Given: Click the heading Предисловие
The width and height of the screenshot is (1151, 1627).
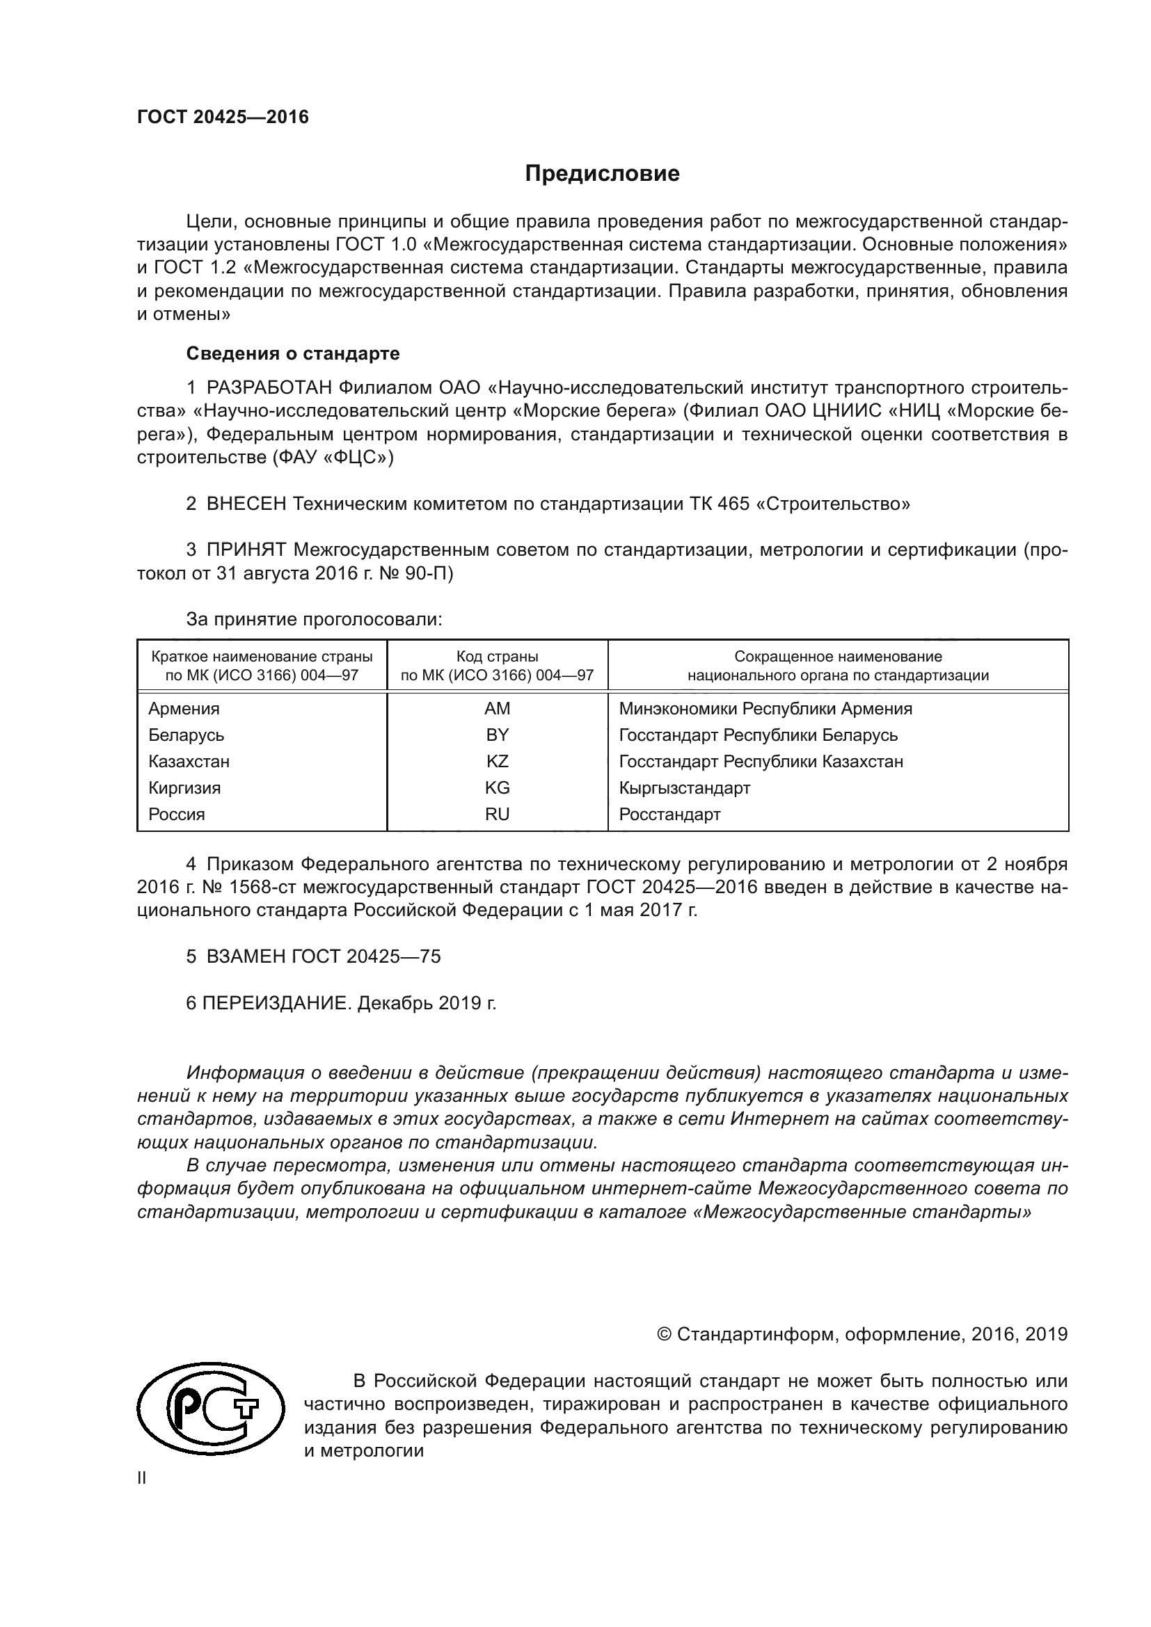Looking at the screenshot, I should point(602,174).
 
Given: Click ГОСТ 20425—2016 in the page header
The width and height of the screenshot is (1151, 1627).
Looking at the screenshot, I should point(223,117).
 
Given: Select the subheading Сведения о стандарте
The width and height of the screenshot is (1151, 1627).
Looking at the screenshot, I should point(293,353).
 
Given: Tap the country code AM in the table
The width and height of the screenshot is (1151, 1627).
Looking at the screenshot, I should point(497,709).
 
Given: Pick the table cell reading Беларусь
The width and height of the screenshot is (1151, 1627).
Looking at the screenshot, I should point(186,735).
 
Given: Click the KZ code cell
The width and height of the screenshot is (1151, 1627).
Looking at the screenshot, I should point(497,761).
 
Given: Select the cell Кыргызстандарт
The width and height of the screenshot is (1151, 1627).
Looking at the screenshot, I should point(684,787).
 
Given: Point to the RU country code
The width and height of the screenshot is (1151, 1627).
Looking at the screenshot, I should point(497,815).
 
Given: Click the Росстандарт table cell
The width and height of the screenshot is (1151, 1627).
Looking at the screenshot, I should point(669,815).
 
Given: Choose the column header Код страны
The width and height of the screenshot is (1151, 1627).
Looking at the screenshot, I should point(497,657).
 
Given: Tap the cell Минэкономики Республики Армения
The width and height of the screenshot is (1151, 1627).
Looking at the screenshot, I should point(765,709).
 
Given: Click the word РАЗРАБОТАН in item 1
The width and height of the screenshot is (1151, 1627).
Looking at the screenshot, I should point(269,387).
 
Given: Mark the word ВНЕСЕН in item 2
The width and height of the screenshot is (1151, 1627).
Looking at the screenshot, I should point(246,504).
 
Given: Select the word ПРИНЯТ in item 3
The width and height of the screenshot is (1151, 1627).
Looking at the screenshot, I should point(246,550).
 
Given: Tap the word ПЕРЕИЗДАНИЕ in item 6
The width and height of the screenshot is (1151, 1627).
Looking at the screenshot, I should point(276,1003).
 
